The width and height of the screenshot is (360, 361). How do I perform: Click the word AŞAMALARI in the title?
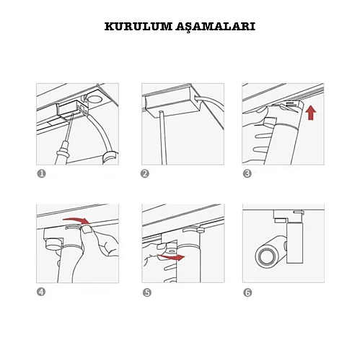tap(215, 27)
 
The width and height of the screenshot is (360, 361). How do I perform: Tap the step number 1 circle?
tap(41, 173)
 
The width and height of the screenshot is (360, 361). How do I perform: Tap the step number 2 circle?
tap(145, 173)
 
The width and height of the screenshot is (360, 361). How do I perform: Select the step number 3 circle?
tap(247, 173)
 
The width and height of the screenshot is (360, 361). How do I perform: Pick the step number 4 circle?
tap(41, 292)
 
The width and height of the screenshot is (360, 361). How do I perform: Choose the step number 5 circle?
tap(147, 292)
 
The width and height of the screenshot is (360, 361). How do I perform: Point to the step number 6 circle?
tap(247, 292)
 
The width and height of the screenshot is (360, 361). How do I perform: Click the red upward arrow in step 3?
tap(311, 113)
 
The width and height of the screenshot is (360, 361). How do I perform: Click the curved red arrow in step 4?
tap(76, 219)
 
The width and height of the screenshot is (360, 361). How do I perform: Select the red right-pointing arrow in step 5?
tap(171, 257)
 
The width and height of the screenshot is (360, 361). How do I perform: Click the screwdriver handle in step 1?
tap(61, 153)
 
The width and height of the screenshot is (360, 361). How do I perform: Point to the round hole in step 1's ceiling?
tap(95, 99)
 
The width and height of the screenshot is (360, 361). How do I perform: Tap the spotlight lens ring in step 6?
tap(264, 256)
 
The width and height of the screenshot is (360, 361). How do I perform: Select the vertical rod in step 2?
tap(162, 138)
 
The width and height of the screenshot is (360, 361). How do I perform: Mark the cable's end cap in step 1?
tap(110, 157)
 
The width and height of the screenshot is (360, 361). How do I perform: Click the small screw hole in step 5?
tap(172, 251)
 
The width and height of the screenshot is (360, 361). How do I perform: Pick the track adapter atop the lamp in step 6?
tap(288, 216)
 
